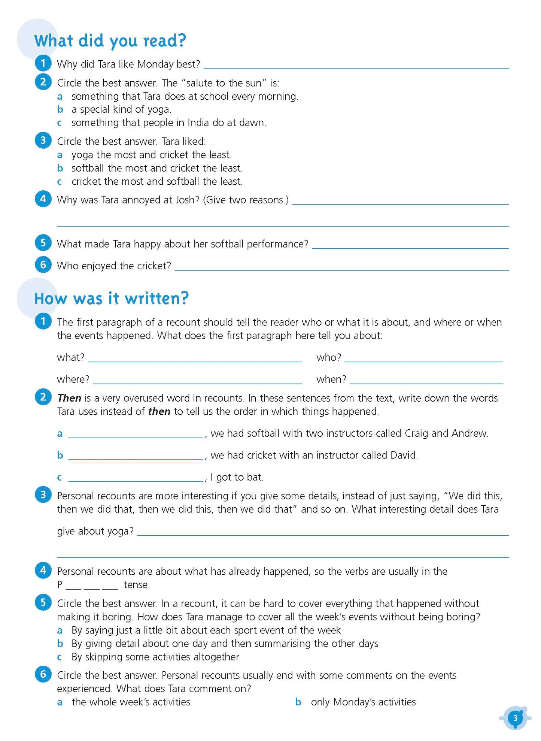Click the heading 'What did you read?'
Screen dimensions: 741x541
pos(110,40)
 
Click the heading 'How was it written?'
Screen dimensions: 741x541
pos(112,299)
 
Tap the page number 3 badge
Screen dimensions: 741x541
pos(515,718)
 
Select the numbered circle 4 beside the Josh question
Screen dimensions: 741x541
pos(43,199)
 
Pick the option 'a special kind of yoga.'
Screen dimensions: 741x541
pos(121,109)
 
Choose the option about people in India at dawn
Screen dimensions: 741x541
pos(168,123)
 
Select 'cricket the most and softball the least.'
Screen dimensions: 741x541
pos(157,182)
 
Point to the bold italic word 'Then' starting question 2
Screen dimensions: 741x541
pos(69,398)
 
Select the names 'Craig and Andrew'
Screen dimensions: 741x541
pos(446,433)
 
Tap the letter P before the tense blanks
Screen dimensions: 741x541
pos(60,585)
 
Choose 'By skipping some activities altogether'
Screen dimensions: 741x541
pos(155,657)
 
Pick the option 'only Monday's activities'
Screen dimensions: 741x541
pos(363,702)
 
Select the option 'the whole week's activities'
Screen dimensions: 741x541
pos(131,702)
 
